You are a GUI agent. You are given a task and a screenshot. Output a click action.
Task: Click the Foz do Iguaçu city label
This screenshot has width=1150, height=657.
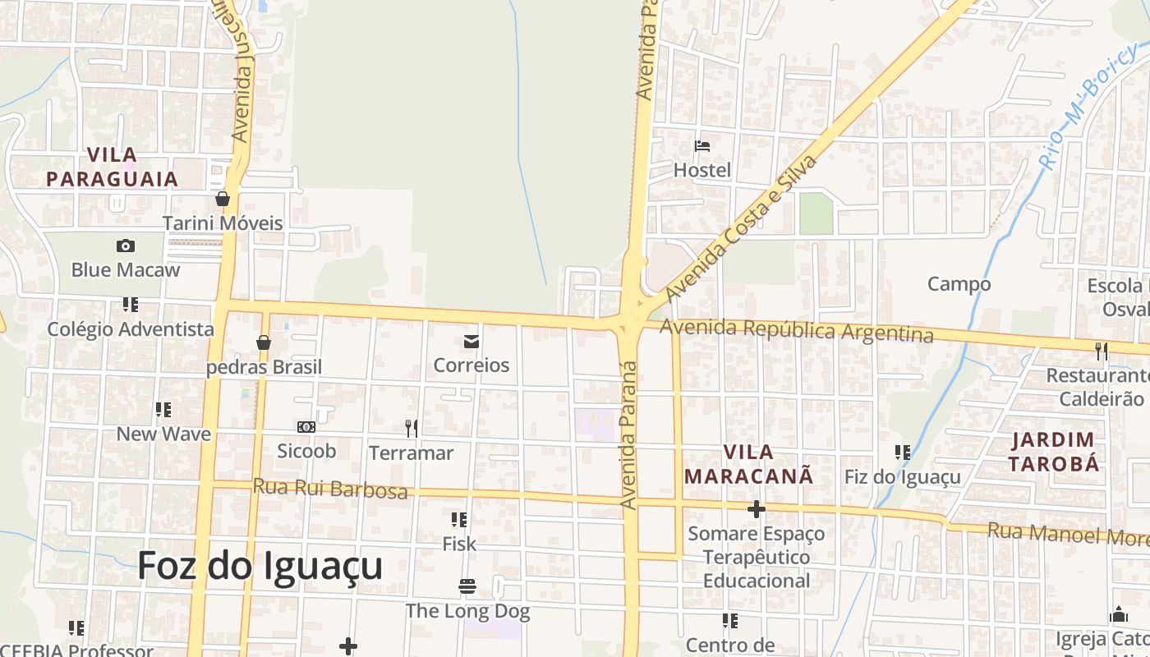260,566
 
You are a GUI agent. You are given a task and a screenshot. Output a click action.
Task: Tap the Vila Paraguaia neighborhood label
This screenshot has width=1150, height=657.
112,167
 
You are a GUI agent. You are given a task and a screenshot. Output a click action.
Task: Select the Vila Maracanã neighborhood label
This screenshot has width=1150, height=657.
748,464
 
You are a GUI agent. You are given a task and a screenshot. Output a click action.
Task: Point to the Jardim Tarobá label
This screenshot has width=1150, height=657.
1053,452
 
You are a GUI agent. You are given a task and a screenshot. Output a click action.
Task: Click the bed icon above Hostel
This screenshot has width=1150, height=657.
702,146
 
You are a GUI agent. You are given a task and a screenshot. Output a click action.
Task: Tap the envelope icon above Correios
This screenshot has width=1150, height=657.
471,342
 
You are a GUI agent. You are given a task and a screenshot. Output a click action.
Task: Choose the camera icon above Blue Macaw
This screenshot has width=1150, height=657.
126,246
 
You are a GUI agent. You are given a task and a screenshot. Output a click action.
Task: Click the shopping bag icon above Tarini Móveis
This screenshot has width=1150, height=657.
222,199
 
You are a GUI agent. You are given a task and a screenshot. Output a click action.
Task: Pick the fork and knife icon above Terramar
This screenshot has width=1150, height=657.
412,428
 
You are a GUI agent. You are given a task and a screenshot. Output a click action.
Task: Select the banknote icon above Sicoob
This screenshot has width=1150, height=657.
306,427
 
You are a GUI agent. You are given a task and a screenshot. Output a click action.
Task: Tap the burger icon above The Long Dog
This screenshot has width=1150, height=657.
467,586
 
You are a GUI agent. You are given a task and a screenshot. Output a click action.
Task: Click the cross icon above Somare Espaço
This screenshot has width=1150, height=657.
756,509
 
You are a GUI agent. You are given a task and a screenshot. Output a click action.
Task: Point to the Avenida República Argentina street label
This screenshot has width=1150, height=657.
797,330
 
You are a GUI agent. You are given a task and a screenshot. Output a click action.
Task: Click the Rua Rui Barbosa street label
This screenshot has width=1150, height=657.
330,489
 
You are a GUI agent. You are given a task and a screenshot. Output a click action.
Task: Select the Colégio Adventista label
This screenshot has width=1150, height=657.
131,329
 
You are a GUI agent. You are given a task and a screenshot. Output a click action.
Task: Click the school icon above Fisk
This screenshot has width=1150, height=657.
459,520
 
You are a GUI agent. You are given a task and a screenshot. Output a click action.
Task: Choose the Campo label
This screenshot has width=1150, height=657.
959,284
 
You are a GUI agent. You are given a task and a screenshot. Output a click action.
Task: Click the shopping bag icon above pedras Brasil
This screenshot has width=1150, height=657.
264,342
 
